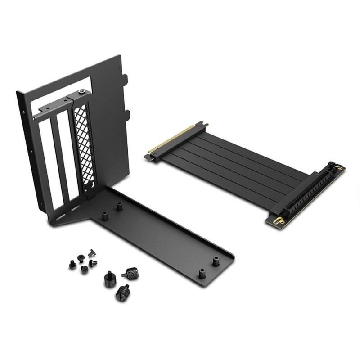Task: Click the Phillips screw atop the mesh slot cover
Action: coord(81,92)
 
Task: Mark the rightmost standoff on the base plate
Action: coord(216,261)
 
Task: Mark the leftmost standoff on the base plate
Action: coord(105,216)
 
